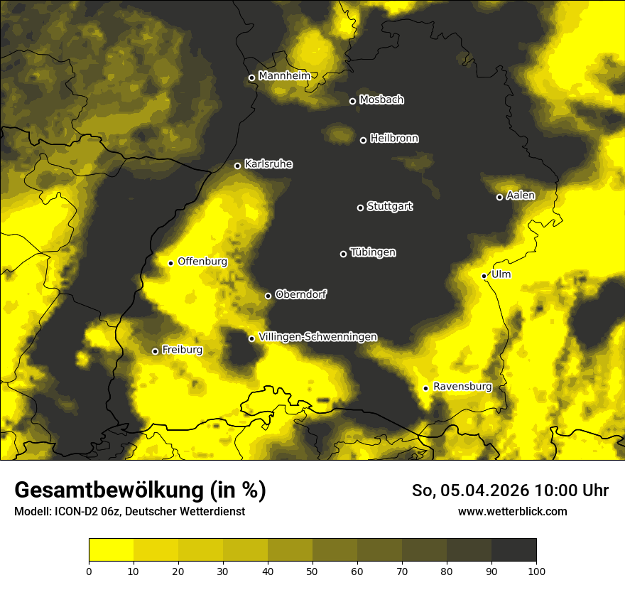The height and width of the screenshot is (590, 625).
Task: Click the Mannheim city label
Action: [x=284, y=75]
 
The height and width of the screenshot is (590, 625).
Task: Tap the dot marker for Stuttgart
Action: [x=360, y=208]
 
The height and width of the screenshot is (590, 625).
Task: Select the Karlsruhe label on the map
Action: [x=268, y=164]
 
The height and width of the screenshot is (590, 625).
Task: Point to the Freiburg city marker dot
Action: [x=155, y=351]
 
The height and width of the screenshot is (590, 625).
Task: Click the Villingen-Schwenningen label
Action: [x=317, y=337]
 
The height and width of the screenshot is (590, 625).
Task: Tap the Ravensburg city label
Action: [x=462, y=387]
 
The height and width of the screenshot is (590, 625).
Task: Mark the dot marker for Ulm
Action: [x=484, y=276]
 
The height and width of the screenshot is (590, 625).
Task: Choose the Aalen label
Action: [x=520, y=195]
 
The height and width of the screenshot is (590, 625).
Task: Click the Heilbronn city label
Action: [x=394, y=139]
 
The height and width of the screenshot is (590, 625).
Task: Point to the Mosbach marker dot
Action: [x=352, y=101]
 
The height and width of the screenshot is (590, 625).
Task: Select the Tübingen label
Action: [x=373, y=252]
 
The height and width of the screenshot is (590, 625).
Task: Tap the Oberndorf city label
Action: [x=300, y=294]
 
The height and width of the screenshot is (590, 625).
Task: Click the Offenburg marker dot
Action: [x=170, y=263]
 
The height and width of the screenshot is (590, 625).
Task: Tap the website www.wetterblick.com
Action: [x=512, y=511]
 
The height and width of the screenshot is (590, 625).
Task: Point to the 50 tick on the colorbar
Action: [x=312, y=570]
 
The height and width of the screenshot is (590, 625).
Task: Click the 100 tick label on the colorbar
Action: [x=536, y=570]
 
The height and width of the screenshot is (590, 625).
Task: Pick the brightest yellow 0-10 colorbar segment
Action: [x=111, y=549]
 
